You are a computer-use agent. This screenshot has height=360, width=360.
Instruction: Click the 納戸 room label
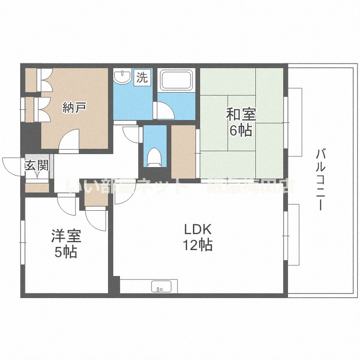74,107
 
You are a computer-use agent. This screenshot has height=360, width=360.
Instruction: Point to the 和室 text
241,115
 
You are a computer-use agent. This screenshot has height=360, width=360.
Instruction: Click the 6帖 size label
241,130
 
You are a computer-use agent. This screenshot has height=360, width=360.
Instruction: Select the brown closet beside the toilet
183,151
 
